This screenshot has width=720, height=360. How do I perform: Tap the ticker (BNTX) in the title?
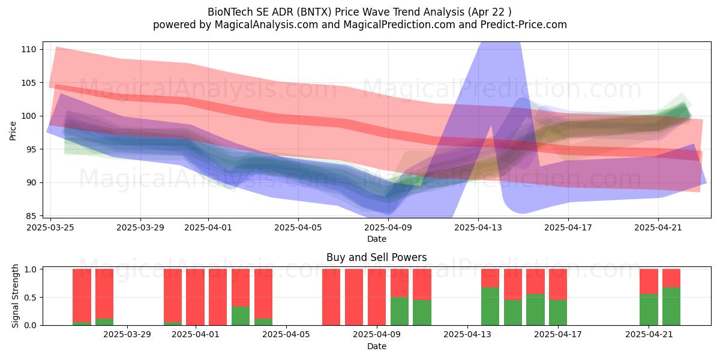click(314, 12)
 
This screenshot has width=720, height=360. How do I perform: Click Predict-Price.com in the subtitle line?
click(524, 25)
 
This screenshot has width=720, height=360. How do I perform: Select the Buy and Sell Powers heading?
click(376, 257)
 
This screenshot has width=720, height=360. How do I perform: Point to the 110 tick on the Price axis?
click(28, 49)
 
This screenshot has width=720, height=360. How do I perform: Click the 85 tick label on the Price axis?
click(31, 215)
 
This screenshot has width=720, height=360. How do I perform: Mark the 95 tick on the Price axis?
click(31, 149)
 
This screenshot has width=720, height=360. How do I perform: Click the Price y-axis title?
click(13, 131)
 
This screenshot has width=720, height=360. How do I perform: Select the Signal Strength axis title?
click(15, 296)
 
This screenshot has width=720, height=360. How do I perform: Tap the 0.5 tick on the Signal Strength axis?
click(30, 298)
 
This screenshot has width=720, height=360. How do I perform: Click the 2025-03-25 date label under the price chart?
click(50, 227)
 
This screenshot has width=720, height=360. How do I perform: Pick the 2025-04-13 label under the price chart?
click(478, 227)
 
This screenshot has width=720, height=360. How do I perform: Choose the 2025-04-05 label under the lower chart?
click(286, 335)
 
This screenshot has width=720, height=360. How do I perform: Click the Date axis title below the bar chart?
click(377, 347)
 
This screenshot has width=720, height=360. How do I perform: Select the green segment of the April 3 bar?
click(241, 316)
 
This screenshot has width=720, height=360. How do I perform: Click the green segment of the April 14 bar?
click(490, 307)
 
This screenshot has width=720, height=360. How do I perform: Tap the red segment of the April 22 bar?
click(671, 278)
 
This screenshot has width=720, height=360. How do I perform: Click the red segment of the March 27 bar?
click(104, 294)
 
